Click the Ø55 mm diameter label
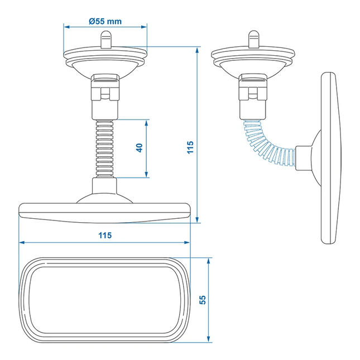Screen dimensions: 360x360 pos(105,21)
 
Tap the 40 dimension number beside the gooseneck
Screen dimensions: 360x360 pos(140,148)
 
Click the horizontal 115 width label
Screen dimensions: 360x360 pos(104,235)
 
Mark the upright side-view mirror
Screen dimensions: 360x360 pos(329,158)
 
